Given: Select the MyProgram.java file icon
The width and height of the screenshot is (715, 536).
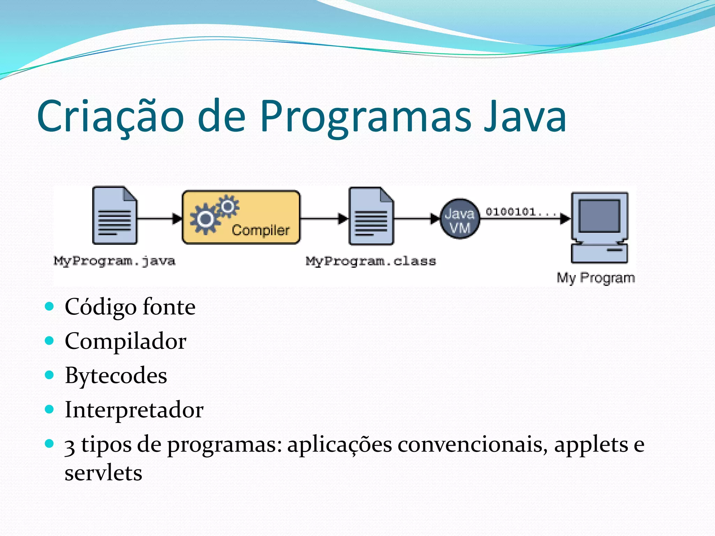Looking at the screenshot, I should click(x=115, y=215).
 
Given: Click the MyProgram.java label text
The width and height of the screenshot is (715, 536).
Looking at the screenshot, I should click(x=115, y=261).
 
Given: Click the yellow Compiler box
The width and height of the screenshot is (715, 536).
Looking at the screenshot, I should click(x=241, y=217).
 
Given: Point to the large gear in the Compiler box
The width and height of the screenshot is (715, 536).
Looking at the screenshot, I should click(x=205, y=219).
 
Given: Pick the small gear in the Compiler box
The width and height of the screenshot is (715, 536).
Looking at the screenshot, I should click(x=228, y=206).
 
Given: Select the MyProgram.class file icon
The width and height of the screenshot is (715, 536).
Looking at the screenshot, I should click(x=371, y=216).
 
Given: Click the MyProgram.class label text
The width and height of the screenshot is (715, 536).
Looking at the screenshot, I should click(x=371, y=261).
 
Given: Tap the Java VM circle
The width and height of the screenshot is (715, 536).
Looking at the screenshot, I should click(x=459, y=219).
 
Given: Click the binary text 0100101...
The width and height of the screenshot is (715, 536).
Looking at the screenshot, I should click(x=511, y=211).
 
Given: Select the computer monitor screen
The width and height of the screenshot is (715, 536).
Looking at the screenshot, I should click(x=599, y=216).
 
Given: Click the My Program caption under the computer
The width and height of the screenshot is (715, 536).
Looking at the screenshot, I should click(x=596, y=278).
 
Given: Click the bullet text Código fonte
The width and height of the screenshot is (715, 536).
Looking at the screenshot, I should click(x=130, y=307).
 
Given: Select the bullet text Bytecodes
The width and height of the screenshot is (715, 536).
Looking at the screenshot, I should click(x=116, y=375).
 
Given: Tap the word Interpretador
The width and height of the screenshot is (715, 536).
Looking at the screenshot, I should click(x=134, y=410).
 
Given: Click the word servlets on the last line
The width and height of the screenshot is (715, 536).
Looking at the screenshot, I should click(x=103, y=473).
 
